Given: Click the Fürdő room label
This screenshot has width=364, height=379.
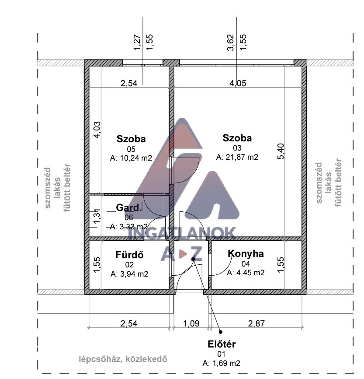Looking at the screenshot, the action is (x=130, y=255).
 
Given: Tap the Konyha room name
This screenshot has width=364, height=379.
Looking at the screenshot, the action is (x=246, y=253).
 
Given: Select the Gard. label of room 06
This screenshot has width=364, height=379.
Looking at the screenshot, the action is (x=128, y=207).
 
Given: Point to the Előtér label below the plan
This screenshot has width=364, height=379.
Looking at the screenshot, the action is (x=222, y=344).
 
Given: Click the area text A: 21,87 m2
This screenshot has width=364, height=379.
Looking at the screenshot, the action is (x=237, y=157).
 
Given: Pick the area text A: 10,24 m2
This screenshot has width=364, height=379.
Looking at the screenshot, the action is (x=131, y=158).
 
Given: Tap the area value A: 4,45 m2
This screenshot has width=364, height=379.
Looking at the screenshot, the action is (x=246, y=273).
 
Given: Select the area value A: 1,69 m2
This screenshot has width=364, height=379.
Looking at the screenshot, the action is (x=222, y=363).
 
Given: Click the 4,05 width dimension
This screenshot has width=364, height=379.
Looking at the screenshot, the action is (x=238, y=84).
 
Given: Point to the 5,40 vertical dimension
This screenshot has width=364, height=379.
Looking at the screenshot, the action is (x=281, y=151).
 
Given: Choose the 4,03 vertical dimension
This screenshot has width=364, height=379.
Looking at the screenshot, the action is (x=97, y=130).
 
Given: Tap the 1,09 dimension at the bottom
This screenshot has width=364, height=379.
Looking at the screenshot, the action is (x=191, y=323).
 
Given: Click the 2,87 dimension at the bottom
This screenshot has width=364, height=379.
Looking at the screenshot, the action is (x=257, y=323).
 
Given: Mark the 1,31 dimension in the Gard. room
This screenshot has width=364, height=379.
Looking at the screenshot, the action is (x=97, y=216).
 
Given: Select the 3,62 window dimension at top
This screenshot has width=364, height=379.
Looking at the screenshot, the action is (x=231, y=42).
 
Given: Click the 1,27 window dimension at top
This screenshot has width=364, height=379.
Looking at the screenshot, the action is (x=137, y=42).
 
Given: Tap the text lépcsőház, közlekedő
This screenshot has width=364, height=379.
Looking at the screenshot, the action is (x=123, y=359).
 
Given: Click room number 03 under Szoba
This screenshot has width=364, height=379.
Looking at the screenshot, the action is (x=237, y=147).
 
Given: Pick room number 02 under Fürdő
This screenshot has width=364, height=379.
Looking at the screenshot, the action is (x=129, y=265).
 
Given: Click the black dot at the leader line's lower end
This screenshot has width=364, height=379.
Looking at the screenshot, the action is (x=220, y=332).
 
